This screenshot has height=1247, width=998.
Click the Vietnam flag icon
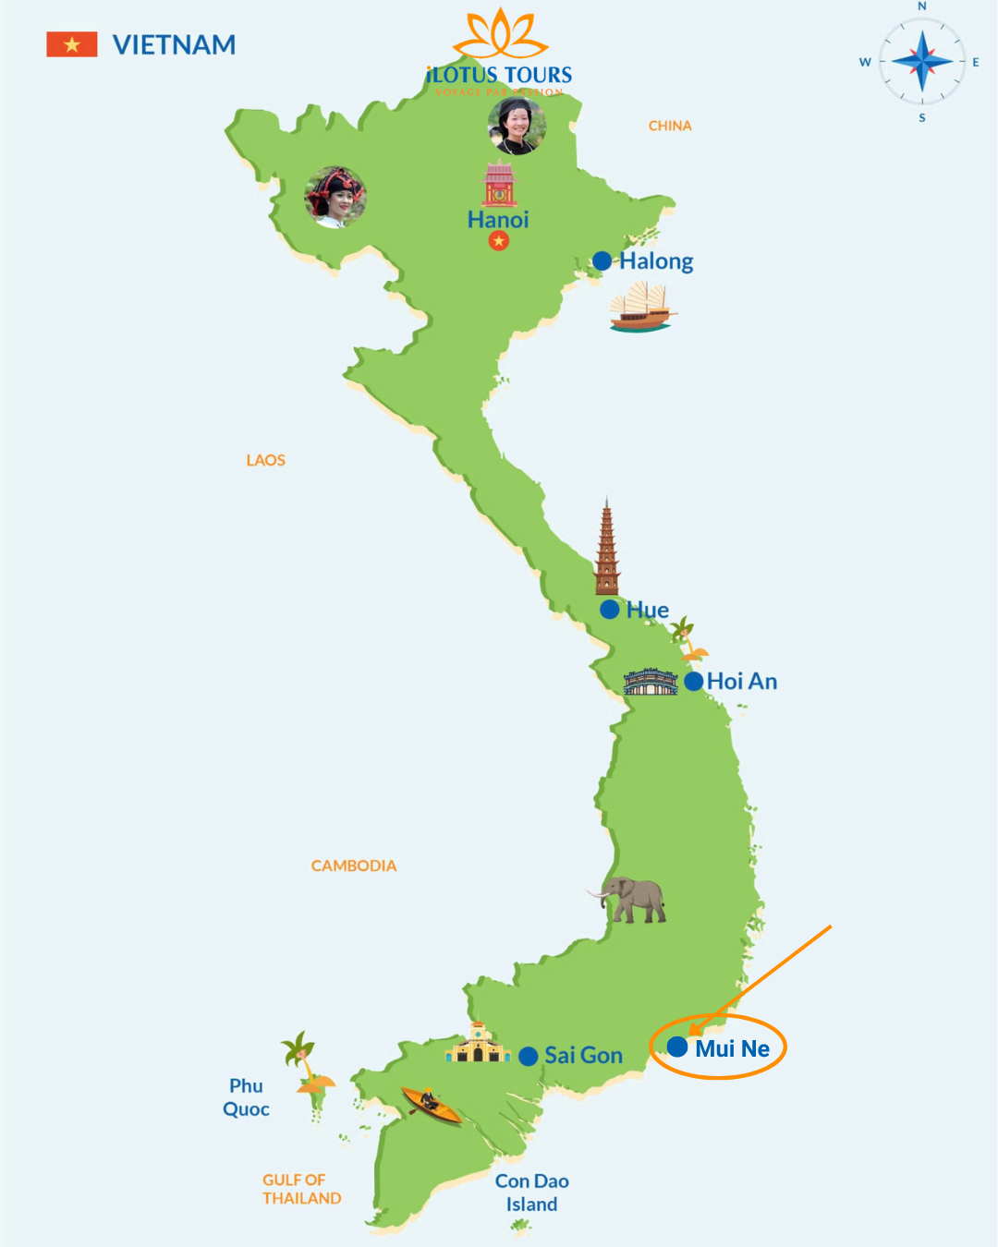click(x=72, y=44)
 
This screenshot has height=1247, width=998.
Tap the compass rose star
click(x=921, y=62)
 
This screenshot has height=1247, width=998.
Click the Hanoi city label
click(x=498, y=220)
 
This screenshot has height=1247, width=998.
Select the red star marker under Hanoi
click(x=499, y=241)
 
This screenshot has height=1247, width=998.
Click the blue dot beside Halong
click(x=602, y=261)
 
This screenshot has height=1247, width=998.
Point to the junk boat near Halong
click(x=641, y=309)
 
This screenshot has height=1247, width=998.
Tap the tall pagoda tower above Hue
click(x=607, y=550)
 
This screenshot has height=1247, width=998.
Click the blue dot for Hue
click(x=610, y=610)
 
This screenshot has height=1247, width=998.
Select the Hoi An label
click(x=742, y=682)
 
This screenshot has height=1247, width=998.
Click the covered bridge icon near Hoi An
click(x=651, y=682)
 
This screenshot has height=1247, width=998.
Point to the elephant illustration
click(x=631, y=900)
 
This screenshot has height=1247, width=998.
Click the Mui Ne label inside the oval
click(x=732, y=1048)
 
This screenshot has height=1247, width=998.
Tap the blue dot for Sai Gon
click(x=529, y=1056)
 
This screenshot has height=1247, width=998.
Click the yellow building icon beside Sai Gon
click(x=478, y=1044)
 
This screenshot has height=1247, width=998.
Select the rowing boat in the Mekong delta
click(x=431, y=1104)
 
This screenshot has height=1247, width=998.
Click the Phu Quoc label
click(x=246, y=1097)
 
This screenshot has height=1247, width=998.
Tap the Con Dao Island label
click(x=531, y=1193)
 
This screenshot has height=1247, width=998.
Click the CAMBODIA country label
click(x=354, y=866)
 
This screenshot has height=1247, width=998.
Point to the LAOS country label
click(x=266, y=460)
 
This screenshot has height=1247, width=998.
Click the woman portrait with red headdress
click(x=335, y=197)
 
